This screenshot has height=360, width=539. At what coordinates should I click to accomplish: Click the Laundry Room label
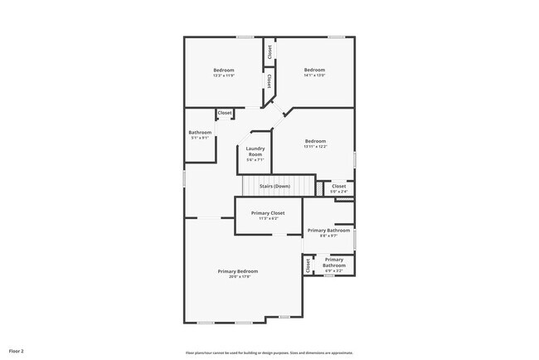(255, 152)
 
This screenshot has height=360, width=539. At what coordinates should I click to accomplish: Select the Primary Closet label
(268, 213)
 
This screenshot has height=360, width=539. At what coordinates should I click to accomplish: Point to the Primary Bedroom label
(238, 271)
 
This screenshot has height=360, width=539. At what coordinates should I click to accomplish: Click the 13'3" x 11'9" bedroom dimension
(224, 76)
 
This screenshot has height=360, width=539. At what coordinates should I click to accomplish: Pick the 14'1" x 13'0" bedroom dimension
(314, 76)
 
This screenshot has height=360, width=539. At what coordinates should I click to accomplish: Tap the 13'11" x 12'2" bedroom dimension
(314, 147)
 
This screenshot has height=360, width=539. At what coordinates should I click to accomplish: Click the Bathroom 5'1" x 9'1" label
(200, 133)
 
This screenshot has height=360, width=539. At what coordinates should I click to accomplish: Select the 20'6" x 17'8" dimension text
(238, 277)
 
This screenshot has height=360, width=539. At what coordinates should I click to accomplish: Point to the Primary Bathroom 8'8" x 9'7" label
(328, 231)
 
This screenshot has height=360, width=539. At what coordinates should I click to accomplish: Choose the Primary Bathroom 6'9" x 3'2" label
(334, 263)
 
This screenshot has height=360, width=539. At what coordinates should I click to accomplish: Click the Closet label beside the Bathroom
(225, 113)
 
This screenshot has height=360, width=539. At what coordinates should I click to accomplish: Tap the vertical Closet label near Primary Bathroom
(308, 265)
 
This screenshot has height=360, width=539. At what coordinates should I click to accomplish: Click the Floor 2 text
(17, 351)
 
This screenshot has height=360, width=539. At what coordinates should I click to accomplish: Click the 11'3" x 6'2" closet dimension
(268, 219)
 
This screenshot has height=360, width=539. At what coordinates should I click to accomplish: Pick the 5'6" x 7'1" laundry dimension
(255, 160)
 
